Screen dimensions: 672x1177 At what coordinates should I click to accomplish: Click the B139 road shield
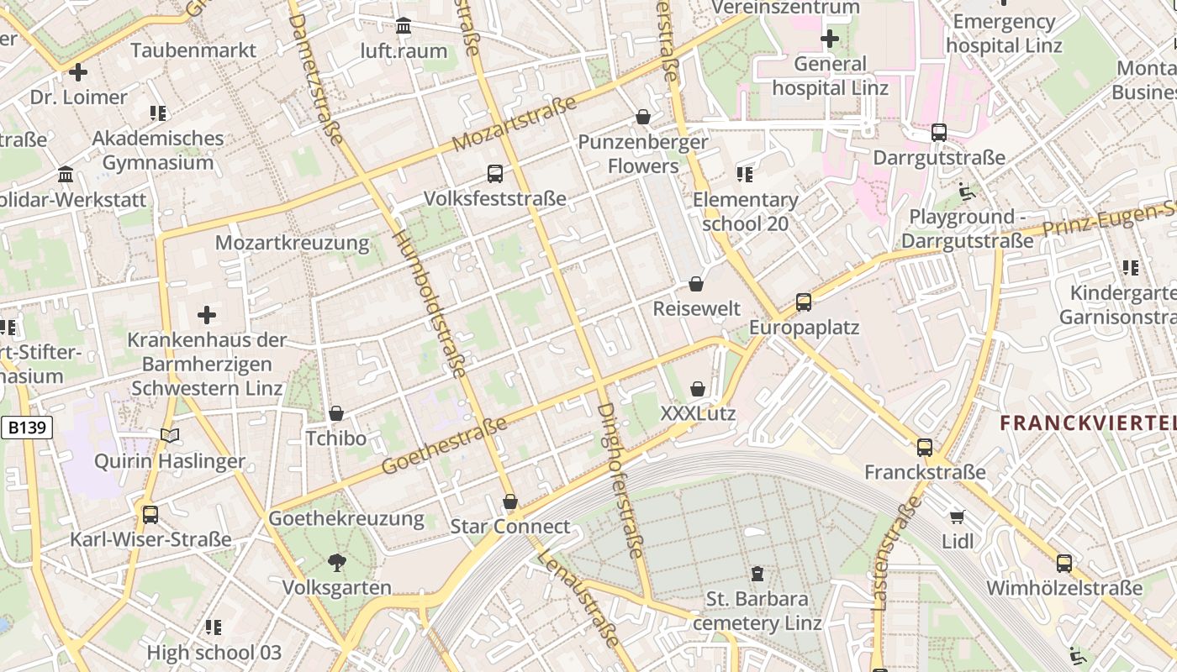point(27,428)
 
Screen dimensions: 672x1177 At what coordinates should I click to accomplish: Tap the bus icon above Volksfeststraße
point(495,174)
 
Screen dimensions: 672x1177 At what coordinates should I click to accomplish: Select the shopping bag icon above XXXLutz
point(698,389)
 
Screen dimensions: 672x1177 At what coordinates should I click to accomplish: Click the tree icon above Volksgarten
point(337,562)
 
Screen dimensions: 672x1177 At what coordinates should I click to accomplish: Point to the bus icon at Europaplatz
point(804,302)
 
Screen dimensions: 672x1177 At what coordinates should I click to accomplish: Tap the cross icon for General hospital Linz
point(830,39)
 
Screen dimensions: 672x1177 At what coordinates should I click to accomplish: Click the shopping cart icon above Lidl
point(957,516)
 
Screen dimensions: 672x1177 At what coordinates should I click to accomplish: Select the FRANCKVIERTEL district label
point(1088,423)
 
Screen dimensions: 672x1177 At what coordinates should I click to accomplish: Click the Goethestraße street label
point(445,444)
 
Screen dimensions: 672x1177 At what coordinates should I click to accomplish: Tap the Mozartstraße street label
point(515,123)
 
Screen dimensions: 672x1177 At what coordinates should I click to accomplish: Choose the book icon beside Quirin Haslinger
point(170,435)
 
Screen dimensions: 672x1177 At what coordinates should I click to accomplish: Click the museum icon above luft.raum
point(404,26)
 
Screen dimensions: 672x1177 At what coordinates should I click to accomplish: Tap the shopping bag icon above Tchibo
point(336,413)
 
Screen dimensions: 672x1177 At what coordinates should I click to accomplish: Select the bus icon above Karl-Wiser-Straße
point(150,514)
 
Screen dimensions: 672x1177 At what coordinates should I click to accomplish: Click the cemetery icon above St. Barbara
point(757,574)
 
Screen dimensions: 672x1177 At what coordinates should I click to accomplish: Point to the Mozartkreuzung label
point(292,244)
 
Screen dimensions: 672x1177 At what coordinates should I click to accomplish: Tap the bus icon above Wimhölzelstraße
point(1064,563)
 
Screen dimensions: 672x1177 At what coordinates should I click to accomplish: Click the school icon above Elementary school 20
point(745,175)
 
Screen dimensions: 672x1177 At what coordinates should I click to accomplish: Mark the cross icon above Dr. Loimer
point(78,72)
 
